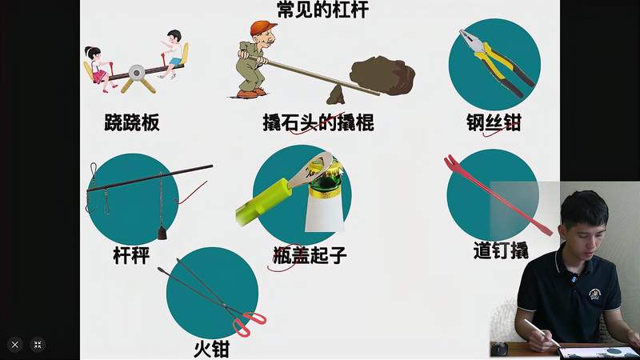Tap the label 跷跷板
(x=132, y=122)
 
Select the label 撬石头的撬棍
(x=318, y=122)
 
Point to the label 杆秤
(x=131, y=255)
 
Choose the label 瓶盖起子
(x=310, y=255)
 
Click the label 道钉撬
(x=500, y=250)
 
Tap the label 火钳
(x=212, y=349)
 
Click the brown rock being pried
(x=382, y=75)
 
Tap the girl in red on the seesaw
(x=98, y=65)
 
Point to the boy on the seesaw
(x=172, y=52)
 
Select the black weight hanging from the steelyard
(x=163, y=232)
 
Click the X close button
(x=14, y=345)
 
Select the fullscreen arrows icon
(x=38, y=345)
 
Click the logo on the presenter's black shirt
(x=595, y=294)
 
